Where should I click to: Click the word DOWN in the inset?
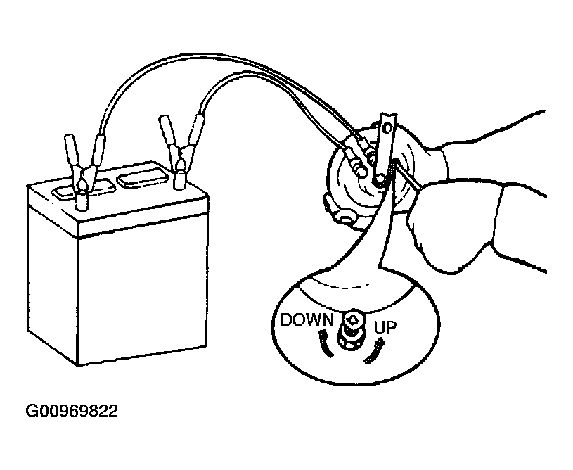(307, 319)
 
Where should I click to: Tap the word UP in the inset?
(385, 327)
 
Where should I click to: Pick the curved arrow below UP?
(375, 350)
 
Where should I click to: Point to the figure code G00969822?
(72, 411)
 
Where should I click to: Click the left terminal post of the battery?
(81, 201)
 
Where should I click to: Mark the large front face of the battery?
(143, 293)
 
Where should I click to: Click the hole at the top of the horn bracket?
(386, 128)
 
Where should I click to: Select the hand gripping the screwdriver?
(475, 227)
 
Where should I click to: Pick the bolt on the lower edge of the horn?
(345, 217)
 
